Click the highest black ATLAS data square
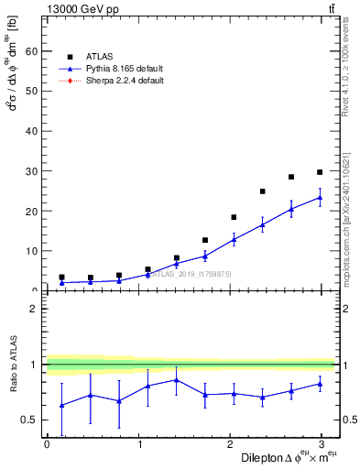pyautogui.click(x=320, y=172)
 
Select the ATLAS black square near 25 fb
pyautogui.click(x=263, y=191)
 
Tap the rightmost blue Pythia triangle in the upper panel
pyautogui.click(x=320, y=197)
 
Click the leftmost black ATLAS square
pyautogui.click(x=61, y=277)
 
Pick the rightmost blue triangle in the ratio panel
pyautogui.click(x=320, y=384)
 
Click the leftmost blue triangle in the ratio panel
pyautogui.click(x=61, y=405)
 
